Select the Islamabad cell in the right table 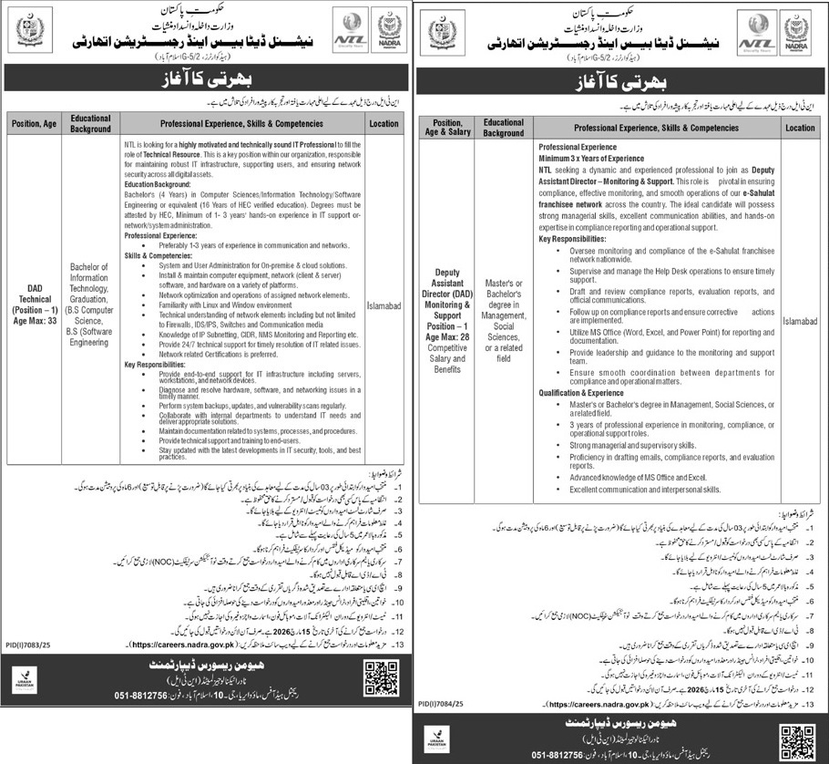800,321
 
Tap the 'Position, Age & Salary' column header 447,128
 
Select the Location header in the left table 384,122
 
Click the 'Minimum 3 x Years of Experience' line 590,159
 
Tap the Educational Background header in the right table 504,128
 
